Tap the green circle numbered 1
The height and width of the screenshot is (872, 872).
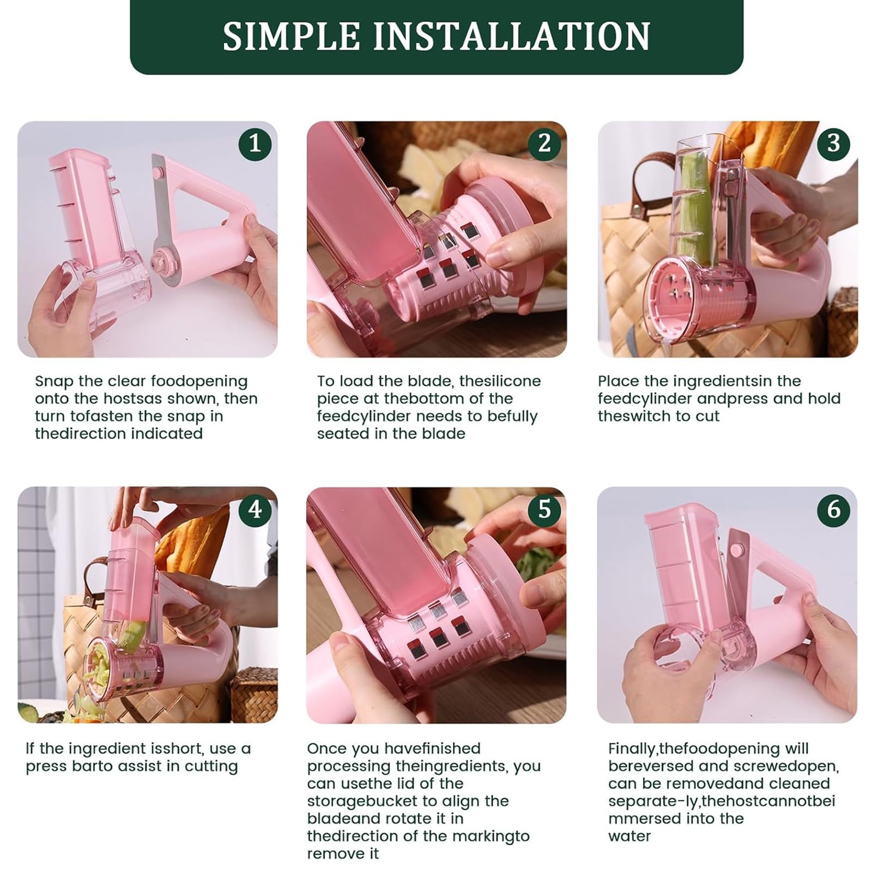click(255, 143)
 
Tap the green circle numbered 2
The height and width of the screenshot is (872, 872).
click(544, 143)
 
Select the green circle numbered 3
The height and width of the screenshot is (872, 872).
click(834, 143)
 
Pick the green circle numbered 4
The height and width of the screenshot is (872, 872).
click(255, 510)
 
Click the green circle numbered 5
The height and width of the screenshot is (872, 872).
click(544, 510)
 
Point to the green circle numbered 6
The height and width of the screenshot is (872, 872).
click(834, 510)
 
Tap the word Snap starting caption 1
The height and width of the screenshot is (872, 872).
click(54, 381)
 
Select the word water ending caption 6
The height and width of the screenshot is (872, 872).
click(629, 835)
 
